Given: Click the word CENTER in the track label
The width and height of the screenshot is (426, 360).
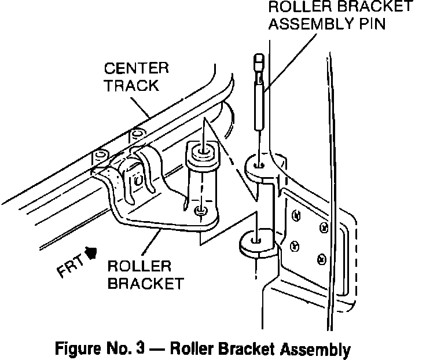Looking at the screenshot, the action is tap(137, 68).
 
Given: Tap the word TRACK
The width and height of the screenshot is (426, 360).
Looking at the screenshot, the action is tap(132, 86).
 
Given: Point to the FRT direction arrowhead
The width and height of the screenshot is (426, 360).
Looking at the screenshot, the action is tap(91, 252).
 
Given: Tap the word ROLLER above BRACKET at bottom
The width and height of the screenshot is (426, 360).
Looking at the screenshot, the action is tap(139, 266).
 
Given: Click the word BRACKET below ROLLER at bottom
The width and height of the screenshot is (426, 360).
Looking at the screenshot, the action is tap(146, 284).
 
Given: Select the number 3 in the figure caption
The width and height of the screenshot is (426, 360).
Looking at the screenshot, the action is tap(140, 348).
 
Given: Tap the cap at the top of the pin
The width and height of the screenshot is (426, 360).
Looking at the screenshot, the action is tap(258, 63).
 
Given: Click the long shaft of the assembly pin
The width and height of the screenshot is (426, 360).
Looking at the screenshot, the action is tap(259, 106).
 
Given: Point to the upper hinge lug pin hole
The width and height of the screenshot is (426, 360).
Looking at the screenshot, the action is tap(258, 165).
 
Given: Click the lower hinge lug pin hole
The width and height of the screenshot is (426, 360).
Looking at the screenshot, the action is tap(255, 240).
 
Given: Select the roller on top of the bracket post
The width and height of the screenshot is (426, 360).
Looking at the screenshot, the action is tap(202, 153).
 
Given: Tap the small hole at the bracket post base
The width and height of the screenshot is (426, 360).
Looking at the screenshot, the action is tap(200, 210).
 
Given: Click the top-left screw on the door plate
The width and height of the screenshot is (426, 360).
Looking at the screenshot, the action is tap(296, 215).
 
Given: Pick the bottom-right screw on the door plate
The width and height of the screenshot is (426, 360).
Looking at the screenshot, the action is tap(322, 259).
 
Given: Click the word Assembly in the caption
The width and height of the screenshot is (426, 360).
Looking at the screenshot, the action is tap(315, 349).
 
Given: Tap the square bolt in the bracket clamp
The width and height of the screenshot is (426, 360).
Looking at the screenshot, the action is tap(138, 180).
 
